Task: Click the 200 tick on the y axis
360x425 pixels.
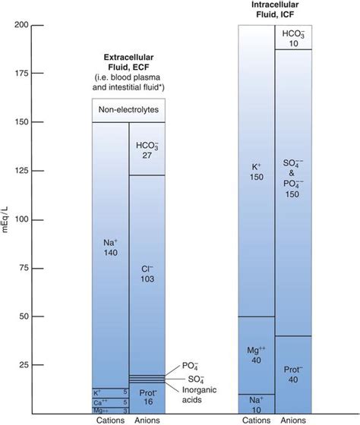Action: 28,25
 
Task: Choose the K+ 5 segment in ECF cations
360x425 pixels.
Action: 110,392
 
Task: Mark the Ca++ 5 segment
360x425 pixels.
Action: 110,401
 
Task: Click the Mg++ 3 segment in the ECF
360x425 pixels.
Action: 110,410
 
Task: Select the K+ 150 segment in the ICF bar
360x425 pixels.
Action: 256,171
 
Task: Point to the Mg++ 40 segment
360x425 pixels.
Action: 256,354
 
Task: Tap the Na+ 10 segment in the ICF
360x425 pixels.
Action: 256,403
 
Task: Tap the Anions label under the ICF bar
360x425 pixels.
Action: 292,419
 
